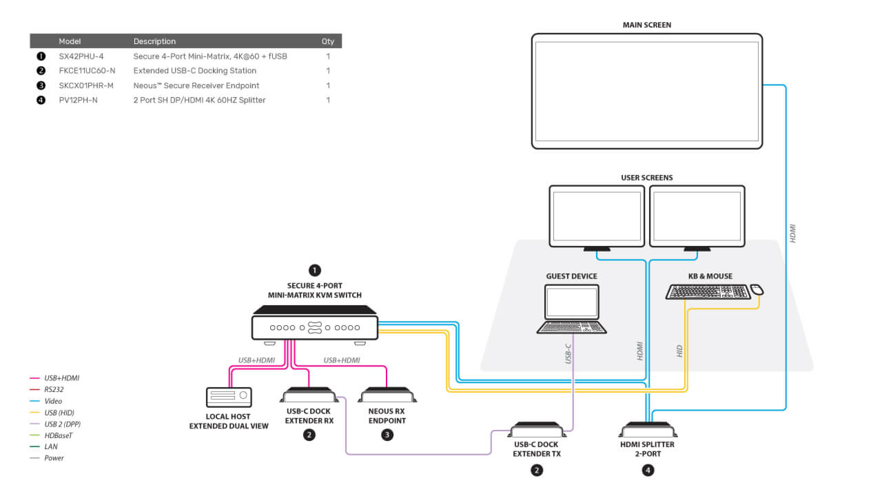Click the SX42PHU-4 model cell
pos(81,56)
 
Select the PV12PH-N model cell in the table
pos(78,100)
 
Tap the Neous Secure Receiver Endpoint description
pos(196,85)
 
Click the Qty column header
pos(327,41)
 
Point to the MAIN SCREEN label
pos(647,25)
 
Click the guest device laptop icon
pos(571,309)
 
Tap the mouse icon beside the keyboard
pos(757,290)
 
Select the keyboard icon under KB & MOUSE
pos(708,291)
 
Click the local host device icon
pos(229,397)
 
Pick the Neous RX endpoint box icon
pos(387,395)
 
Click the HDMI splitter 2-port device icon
pos(648,429)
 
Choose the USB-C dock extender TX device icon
pos(537,429)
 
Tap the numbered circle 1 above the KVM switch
pos(315,271)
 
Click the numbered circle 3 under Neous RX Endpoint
pos(387,435)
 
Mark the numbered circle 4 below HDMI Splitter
pos(648,470)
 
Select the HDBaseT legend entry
pos(51,435)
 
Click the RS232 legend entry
pos(46,389)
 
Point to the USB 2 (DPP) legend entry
pos(55,424)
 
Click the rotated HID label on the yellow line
pos(679,351)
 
